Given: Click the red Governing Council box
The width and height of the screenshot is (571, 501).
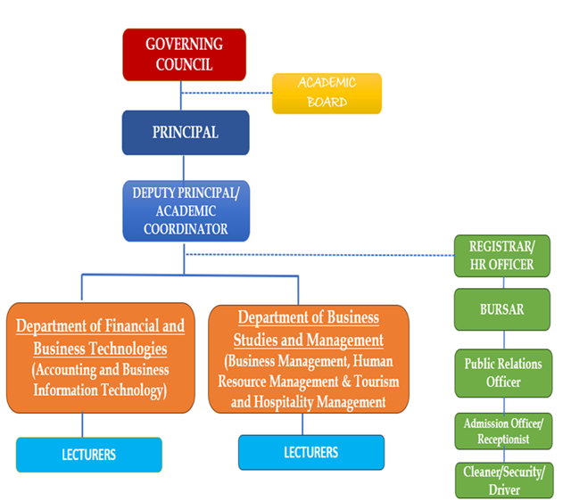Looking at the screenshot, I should (185, 54).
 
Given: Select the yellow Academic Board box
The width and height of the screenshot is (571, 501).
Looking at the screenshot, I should (327, 93).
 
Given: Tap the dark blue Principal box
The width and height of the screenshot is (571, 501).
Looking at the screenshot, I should (185, 133).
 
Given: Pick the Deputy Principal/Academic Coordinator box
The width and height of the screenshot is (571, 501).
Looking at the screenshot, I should (186, 210).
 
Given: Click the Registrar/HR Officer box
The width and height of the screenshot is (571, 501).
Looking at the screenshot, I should (501, 254).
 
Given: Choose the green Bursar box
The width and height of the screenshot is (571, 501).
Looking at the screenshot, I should (501, 309).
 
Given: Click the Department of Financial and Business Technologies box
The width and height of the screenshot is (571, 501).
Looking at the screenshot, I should (100, 357).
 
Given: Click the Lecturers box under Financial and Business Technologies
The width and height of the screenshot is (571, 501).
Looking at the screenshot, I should (89, 455).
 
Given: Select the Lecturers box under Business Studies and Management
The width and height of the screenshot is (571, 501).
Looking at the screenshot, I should (310, 452).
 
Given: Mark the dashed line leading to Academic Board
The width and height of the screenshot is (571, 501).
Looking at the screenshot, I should (228, 91).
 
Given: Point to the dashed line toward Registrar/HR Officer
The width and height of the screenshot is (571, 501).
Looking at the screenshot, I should (321, 254).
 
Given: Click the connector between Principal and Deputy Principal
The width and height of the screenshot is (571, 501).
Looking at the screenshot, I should (185, 168).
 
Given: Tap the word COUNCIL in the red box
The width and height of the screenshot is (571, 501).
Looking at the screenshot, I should (185, 64).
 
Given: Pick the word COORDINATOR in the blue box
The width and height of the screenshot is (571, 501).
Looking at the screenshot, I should (186, 228).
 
